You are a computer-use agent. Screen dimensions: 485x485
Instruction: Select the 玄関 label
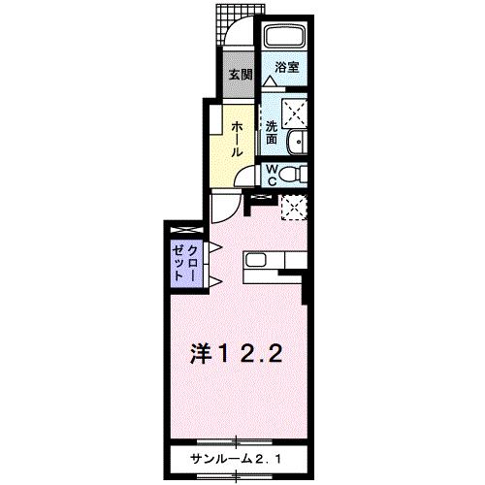(240, 74)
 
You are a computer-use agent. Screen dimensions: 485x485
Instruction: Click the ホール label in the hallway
(237, 136)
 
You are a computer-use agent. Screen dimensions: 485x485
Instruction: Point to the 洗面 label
(273, 132)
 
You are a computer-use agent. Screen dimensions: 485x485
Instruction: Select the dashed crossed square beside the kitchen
(291, 206)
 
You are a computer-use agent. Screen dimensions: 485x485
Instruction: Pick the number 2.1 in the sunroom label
(269, 458)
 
